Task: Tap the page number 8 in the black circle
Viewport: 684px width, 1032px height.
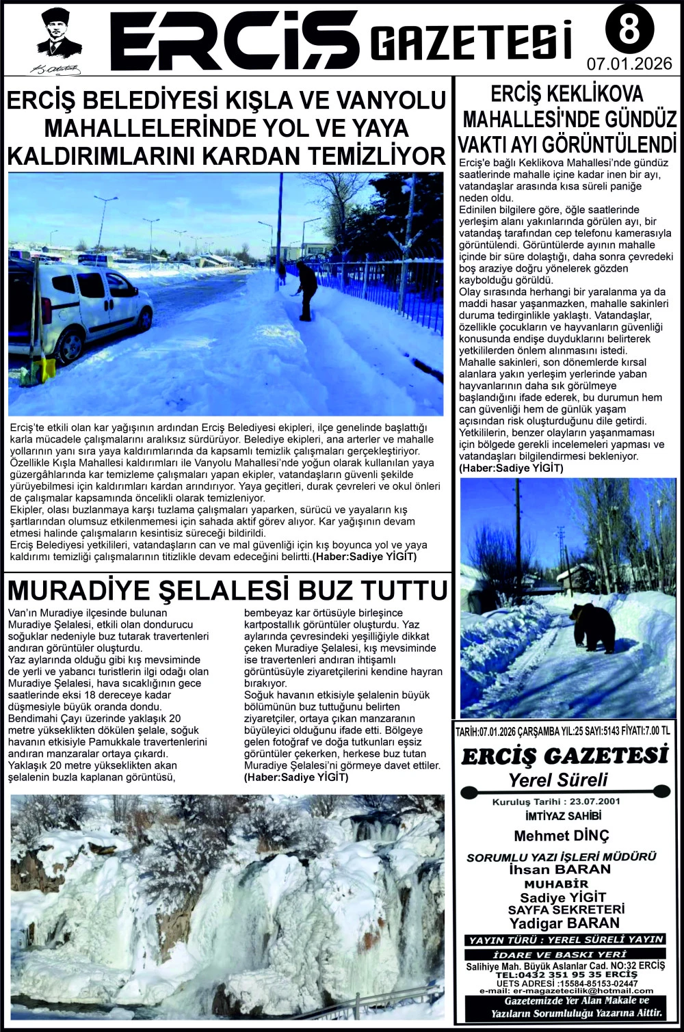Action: [x=629, y=29]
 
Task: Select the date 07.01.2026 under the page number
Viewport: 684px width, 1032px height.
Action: [x=629, y=65]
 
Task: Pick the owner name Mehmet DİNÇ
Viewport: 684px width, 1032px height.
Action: [x=561, y=836]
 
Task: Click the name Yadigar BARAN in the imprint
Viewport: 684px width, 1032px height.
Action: [x=564, y=922]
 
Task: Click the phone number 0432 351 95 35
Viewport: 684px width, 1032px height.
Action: [x=550, y=974]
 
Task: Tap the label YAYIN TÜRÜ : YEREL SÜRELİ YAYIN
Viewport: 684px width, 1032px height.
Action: [x=565, y=940]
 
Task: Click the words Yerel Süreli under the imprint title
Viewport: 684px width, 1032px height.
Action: [x=558, y=780]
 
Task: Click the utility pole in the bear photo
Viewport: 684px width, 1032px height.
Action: [x=518, y=540]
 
